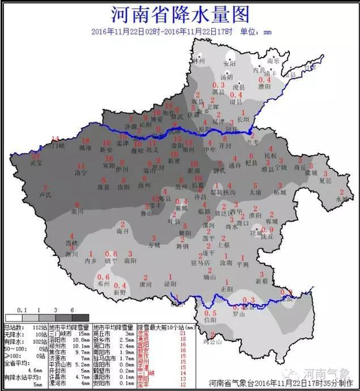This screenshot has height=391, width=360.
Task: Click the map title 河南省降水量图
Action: tap(179, 14)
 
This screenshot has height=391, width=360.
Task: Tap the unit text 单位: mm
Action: tap(257, 31)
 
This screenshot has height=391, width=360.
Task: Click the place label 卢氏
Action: tap(44, 195)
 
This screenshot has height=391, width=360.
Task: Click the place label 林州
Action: tap(199, 60)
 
